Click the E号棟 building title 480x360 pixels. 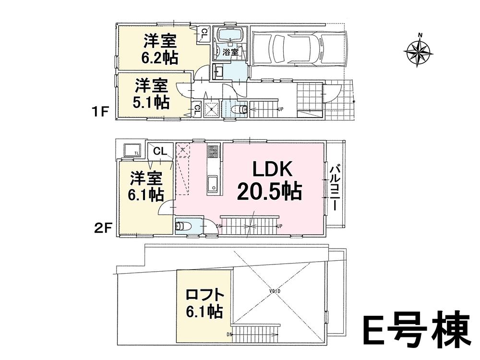pyautogui.click(x=415, y=331)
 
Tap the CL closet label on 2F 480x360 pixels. pyautogui.click(x=160, y=151)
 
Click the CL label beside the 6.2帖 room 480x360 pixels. pyautogui.click(x=204, y=34)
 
